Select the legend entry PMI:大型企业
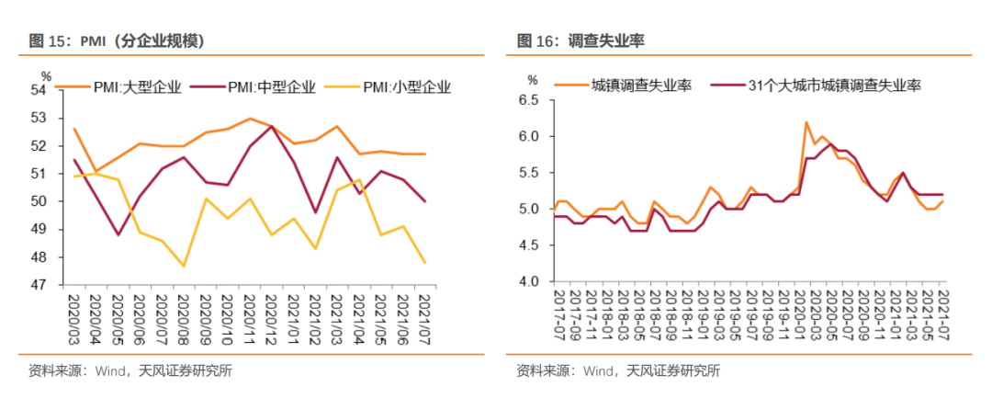coord(137,88)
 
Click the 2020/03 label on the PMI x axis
coord(74,317)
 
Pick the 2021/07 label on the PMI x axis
coord(425,317)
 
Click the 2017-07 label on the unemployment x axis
coord(556,317)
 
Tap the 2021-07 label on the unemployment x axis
coord(943,317)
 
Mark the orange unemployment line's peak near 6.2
coord(806,122)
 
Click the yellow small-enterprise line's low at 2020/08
coord(184,267)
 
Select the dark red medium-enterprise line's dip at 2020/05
coord(118,234)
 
